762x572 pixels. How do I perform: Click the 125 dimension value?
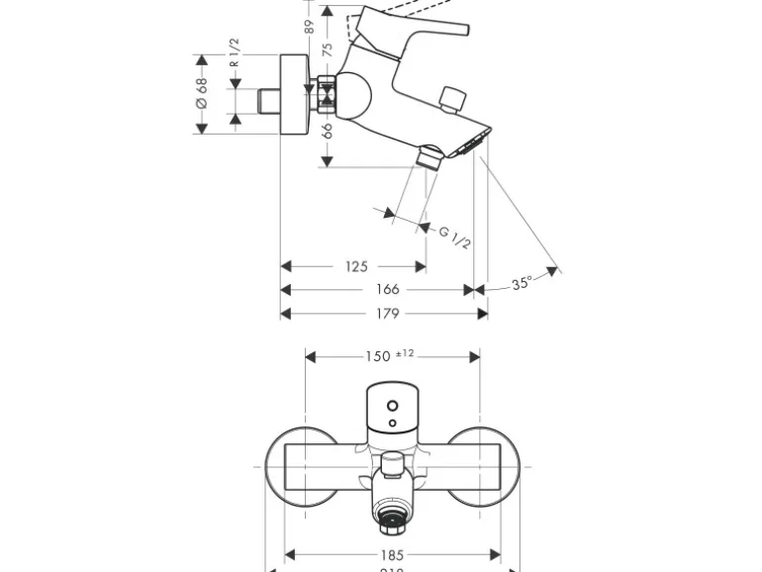[356, 266]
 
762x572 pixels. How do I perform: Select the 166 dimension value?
[388, 289]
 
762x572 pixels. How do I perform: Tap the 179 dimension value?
[388, 314]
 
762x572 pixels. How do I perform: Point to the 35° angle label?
[523, 283]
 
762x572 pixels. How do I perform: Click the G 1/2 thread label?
[455, 238]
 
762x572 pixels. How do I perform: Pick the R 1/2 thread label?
[235, 52]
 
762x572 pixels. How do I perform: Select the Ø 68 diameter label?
[201, 94]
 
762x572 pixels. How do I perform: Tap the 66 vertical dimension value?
[328, 128]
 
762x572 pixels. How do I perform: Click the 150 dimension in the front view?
[378, 356]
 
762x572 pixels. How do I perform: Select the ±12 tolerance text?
[406, 353]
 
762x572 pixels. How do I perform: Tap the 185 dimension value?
[393, 555]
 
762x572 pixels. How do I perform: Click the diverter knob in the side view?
[454, 98]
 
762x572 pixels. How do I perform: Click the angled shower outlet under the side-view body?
[430, 156]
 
